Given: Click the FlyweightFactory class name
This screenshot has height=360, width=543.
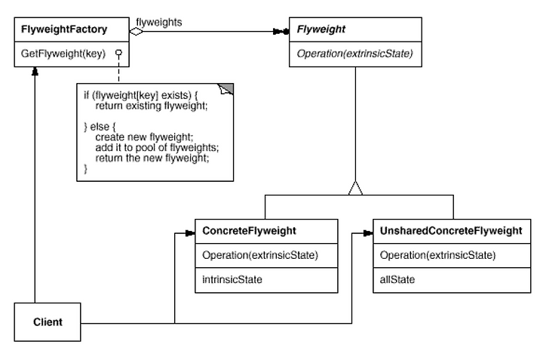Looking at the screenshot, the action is click(64, 29).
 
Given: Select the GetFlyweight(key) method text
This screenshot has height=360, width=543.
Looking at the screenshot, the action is click(63, 54).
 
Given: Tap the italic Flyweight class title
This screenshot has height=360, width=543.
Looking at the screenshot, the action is click(321, 29).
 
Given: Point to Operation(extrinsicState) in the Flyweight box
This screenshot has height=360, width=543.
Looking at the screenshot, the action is click(355, 54).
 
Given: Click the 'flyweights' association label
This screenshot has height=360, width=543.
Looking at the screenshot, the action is click(159, 23).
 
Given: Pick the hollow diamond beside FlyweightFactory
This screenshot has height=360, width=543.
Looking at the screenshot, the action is click(136, 32).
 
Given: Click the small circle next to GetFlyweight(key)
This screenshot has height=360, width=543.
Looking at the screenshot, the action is click(119, 53).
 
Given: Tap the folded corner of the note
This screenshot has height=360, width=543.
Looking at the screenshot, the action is click(226, 89).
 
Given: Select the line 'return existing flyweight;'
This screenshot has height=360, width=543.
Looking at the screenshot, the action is click(152, 106).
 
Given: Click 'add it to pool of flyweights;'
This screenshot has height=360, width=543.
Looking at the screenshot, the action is click(157, 148).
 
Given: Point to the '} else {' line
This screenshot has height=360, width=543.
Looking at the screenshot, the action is click(100, 127).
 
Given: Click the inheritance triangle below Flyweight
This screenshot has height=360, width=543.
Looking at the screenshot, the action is click(356, 188).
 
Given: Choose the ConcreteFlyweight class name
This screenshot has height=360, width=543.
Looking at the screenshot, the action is click(249, 231).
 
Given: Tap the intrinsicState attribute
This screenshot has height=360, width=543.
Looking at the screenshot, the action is click(232, 279).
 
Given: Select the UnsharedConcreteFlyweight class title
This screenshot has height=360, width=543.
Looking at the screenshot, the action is click(451, 231).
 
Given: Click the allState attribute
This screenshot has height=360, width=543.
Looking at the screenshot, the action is click(397, 279).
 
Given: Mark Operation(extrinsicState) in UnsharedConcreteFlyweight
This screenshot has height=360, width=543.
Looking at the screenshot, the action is click(437, 255).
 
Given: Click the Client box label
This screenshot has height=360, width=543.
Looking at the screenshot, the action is click(48, 322).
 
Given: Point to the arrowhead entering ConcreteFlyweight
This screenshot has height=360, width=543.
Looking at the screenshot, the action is click(191, 233).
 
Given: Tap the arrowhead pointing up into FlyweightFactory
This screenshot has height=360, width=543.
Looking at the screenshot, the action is click(35, 71).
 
